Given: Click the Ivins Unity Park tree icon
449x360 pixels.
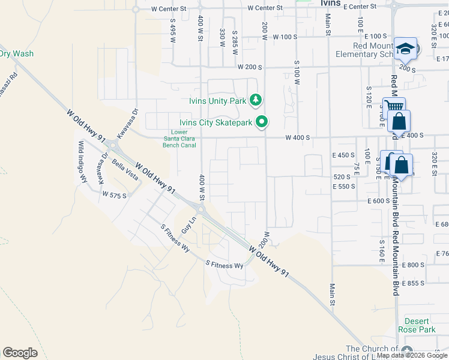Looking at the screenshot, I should click(x=256, y=99).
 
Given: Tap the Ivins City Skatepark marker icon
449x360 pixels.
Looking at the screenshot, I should click(x=262, y=122).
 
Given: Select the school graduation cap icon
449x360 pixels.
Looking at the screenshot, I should click(x=406, y=49).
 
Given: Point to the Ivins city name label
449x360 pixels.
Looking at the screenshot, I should click(x=330, y=3).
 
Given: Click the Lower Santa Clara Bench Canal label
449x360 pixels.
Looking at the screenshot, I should click(x=179, y=139).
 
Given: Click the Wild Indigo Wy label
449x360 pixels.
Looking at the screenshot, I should click(x=83, y=162).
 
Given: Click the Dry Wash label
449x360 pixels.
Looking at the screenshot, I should click(x=16, y=53).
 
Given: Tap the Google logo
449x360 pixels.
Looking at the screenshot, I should click(x=20, y=353).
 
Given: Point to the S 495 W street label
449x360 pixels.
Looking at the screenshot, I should click(x=172, y=32).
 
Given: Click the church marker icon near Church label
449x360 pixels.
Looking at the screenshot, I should click(x=408, y=351).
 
